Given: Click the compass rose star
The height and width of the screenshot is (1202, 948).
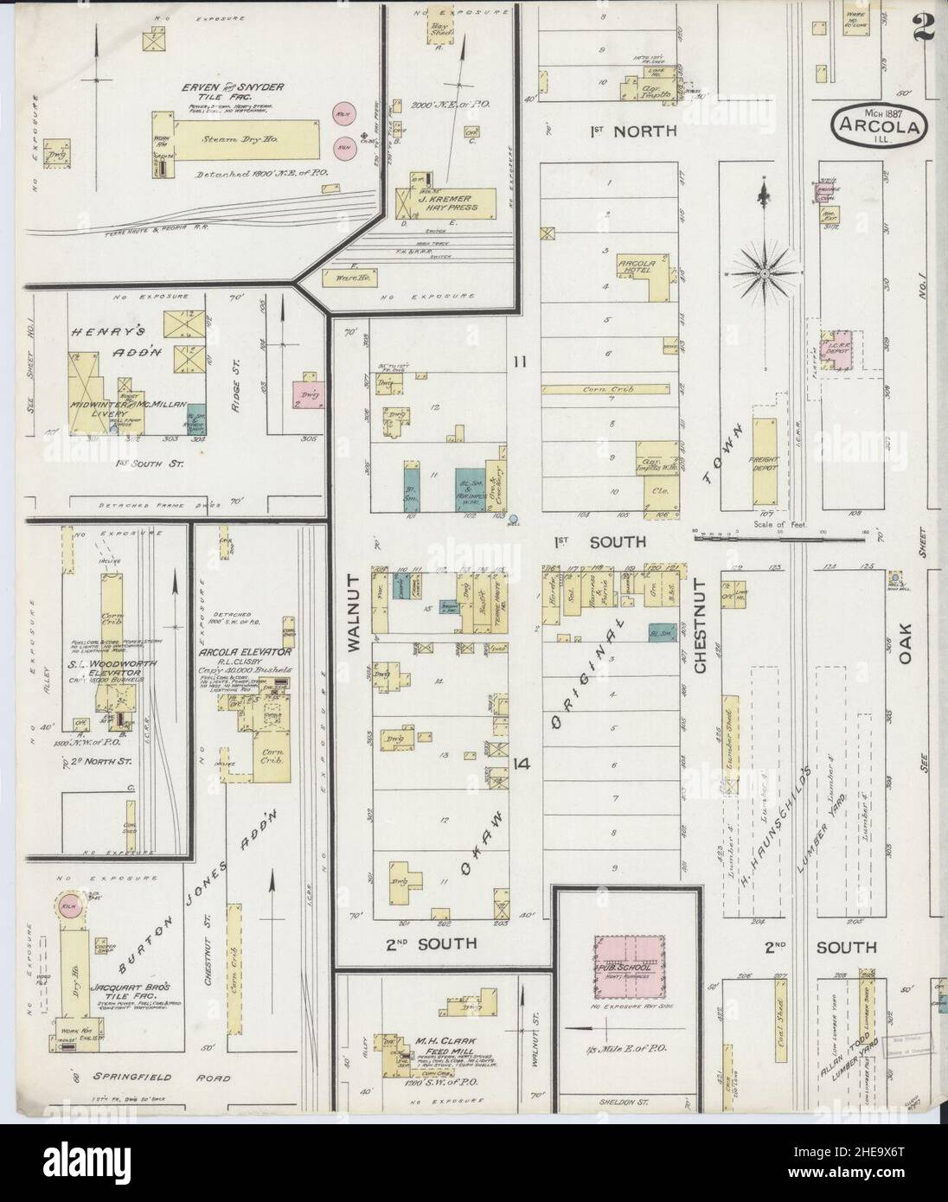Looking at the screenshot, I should pyautogui.click(x=765, y=274).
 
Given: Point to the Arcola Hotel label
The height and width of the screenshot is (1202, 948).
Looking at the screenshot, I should pyautogui.click(x=639, y=267).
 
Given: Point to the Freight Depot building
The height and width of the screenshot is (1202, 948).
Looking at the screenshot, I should pyautogui.click(x=765, y=461).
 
